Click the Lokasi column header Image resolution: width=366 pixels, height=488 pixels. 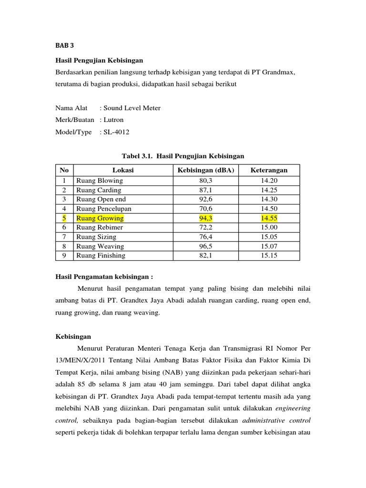[x=123, y=170]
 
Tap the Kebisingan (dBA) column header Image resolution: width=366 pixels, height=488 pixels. [x=206, y=170]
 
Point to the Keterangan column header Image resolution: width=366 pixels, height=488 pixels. [x=270, y=170]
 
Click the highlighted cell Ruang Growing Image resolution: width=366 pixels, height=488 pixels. [x=100, y=218]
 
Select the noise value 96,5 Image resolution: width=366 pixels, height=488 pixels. [x=206, y=246]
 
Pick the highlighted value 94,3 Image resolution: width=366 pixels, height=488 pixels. [x=206, y=218]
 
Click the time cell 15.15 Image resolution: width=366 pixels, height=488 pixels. [x=269, y=255]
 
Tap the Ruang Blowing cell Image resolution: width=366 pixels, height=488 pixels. [x=99, y=181]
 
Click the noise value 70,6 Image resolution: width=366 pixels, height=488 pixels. [x=206, y=209]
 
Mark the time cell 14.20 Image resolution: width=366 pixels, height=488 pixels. [x=269, y=181]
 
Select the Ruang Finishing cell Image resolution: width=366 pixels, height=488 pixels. [x=101, y=255]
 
